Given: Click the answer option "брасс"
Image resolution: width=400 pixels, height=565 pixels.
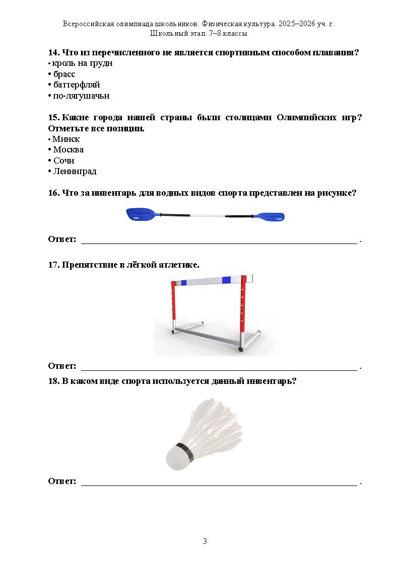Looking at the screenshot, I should [64, 74].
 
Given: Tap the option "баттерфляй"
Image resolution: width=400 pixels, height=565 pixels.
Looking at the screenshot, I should [77, 85].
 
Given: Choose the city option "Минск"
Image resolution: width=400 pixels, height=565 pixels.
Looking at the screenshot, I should [66, 139].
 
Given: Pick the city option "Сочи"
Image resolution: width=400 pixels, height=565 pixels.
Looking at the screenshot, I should [63, 160].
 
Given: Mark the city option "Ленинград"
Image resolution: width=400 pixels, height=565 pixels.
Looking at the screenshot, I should [75, 171].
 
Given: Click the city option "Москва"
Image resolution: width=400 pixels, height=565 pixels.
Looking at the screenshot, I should [68, 149].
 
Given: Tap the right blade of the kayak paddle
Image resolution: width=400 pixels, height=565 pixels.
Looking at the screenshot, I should [271, 217].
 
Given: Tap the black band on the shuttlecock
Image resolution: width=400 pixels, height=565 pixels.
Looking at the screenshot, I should [185, 451].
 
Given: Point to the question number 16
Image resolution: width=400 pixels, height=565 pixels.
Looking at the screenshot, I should [53, 193].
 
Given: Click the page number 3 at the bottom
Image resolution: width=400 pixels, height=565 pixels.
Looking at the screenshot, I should [205, 541].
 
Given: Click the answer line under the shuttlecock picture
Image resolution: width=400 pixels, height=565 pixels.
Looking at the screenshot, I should [219, 484].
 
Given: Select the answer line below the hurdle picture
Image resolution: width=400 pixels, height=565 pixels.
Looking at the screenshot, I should [219, 369].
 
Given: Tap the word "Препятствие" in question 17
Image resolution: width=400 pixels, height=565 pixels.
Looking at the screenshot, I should [88, 265].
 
